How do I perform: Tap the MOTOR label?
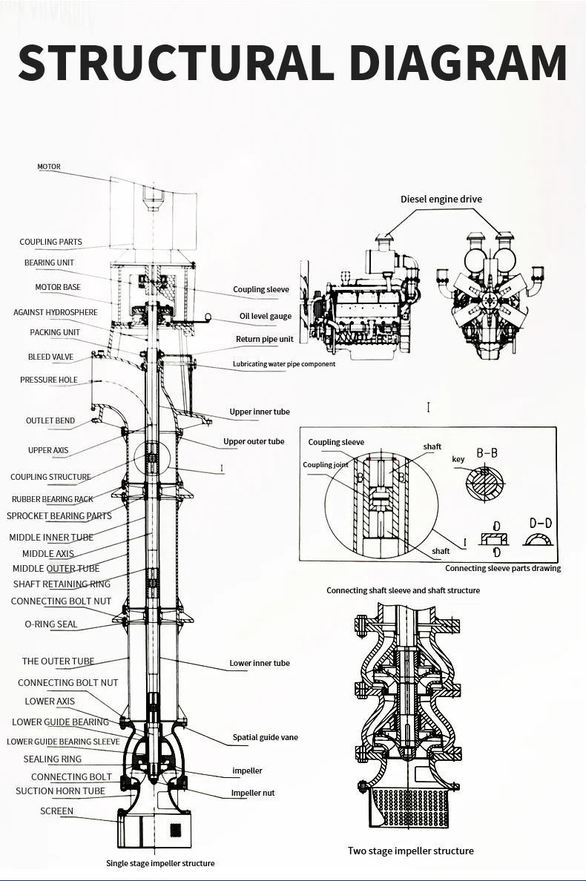(x=49, y=167)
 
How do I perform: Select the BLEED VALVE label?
(x=50, y=357)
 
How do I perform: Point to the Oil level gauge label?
(x=265, y=316)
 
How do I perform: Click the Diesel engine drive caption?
(x=441, y=199)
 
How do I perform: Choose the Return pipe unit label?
(x=264, y=339)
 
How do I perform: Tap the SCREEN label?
(x=56, y=811)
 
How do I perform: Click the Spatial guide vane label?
(x=265, y=737)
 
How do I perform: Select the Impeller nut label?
(x=252, y=793)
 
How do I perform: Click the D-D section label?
(x=541, y=523)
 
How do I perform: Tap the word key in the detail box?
(x=458, y=460)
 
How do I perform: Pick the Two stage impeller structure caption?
(x=410, y=851)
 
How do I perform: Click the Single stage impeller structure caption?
(x=160, y=863)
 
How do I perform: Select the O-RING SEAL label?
(x=50, y=624)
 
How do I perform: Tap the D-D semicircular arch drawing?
(x=539, y=539)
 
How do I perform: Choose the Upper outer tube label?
(x=254, y=441)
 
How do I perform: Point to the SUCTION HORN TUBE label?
(x=60, y=791)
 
